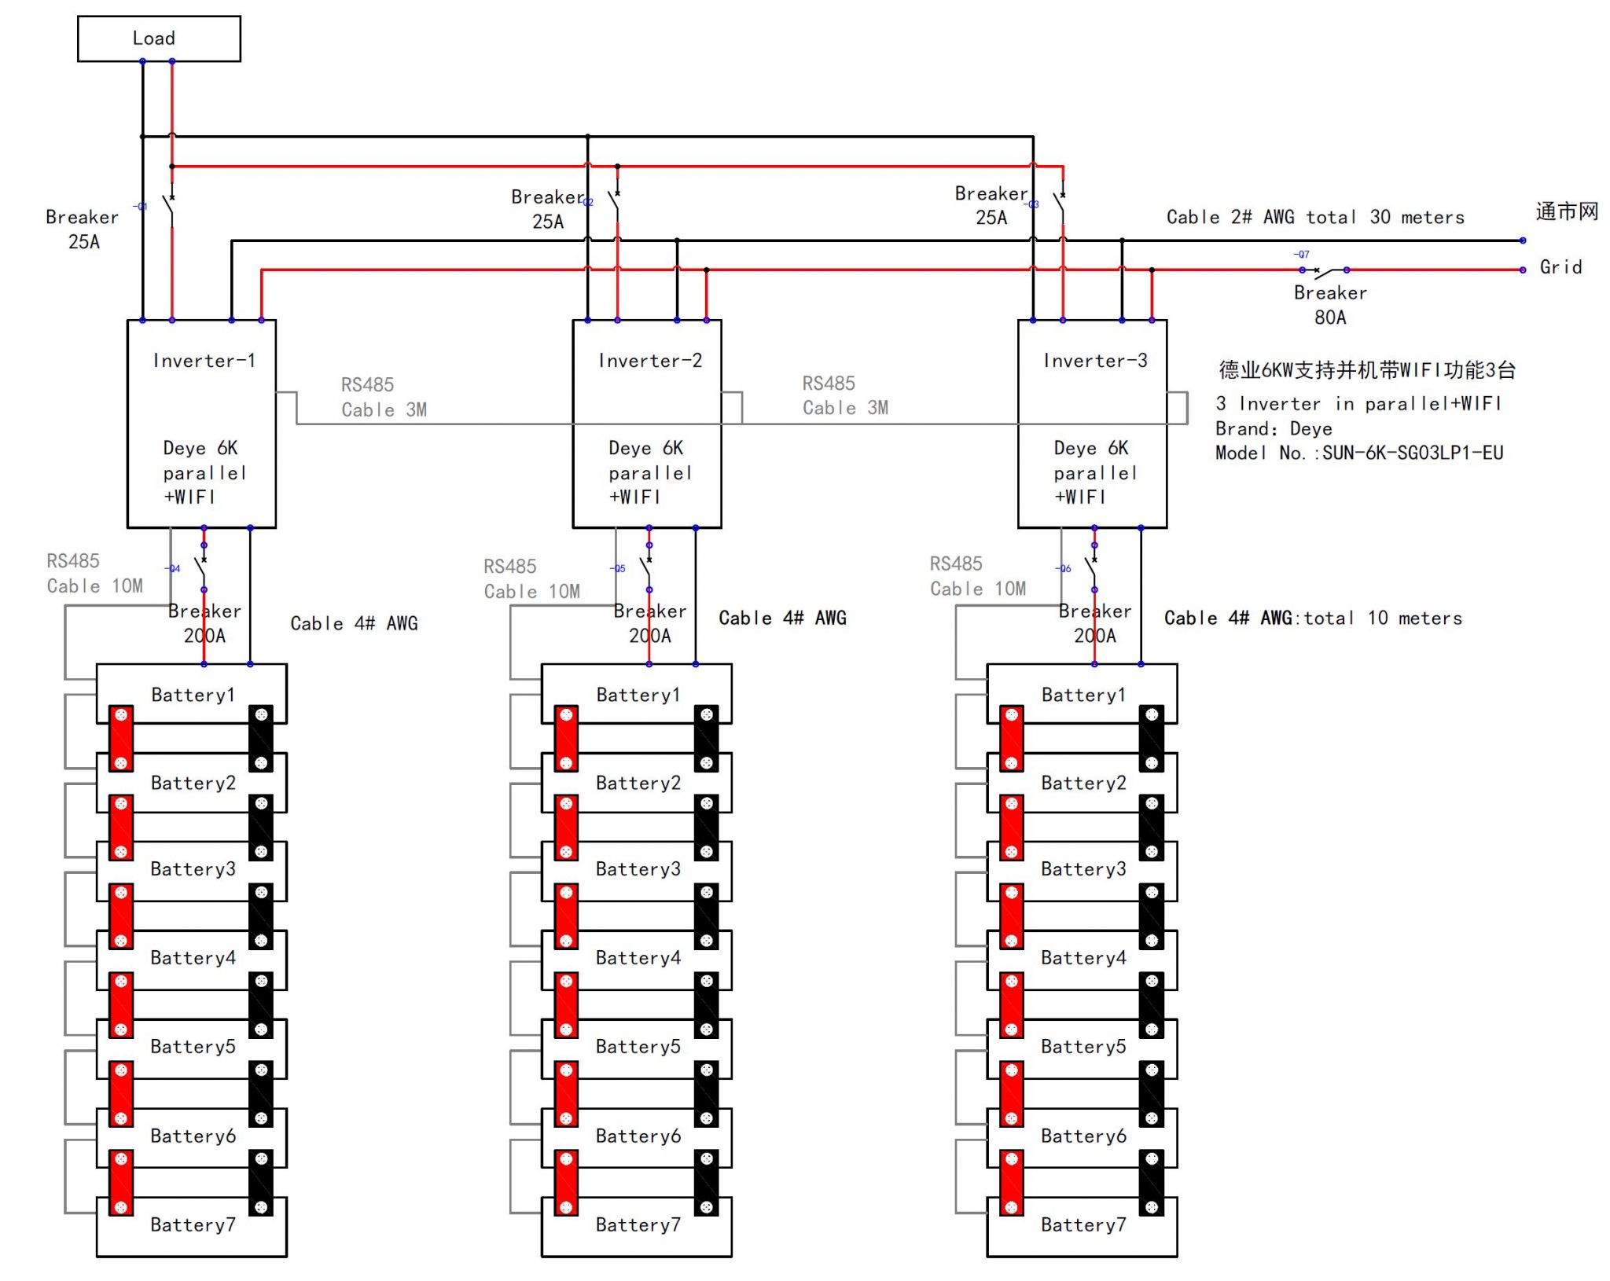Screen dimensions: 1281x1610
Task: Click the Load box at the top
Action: (x=159, y=39)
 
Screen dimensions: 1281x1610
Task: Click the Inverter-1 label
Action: (x=204, y=361)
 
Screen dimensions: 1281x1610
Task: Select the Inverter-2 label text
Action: (x=649, y=361)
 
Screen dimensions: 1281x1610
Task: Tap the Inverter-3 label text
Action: (x=1094, y=361)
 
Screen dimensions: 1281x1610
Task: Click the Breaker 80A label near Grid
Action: (x=1329, y=305)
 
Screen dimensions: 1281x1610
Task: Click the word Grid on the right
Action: (x=1560, y=267)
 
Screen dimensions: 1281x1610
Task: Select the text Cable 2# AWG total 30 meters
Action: (x=1314, y=217)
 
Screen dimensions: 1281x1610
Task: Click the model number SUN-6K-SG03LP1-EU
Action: (x=1412, y=453)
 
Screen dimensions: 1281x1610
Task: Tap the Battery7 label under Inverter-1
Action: (x=193, y=1224)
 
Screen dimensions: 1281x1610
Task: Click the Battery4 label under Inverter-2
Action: (x=638, y=957)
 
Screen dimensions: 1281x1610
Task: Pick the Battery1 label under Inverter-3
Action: (x=1083, y=695)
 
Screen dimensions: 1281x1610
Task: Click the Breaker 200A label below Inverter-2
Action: (x=649, y=623)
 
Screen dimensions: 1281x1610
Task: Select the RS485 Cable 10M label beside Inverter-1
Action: (x=94, y=574)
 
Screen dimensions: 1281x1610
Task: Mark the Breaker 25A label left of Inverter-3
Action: (x=991, y=205)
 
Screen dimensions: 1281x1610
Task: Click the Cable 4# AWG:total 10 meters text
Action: (x=1312, y=618)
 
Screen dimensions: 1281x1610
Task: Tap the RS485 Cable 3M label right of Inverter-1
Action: (x=384, y=397)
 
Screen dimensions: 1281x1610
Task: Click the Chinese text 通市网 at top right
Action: (x=1567, y=211)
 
